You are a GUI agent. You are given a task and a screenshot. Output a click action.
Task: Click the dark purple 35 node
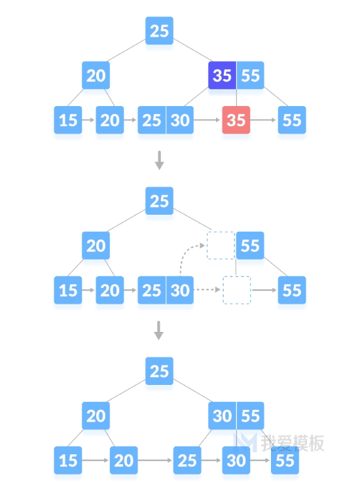[x=223, y=75]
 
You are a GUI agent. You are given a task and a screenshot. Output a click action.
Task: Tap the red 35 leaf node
[x=236, y=120]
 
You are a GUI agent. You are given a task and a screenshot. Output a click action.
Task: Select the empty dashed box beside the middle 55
[x=221, y=245]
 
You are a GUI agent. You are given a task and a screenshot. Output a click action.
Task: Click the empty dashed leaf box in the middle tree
[x=237, y=290]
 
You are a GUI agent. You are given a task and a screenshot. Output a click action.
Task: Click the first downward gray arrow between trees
[x=159, y=160]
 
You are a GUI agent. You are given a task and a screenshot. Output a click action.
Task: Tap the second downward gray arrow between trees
[x=158, y=331]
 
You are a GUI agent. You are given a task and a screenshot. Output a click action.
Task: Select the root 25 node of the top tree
[x=159, y=30]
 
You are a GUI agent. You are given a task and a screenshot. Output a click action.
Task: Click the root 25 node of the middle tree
[x=159, y=201]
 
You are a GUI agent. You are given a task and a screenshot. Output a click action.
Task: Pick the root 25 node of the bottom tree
[x=159, y=371]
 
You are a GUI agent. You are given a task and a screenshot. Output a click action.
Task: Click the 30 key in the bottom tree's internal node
[x=223, y=416]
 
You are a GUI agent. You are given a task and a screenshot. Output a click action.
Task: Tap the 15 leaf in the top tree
[x=68, y=120]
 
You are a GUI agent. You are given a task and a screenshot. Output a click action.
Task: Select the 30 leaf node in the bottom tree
[x=236, y=460]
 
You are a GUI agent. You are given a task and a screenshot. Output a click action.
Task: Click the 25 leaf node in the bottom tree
[x=187, y=460]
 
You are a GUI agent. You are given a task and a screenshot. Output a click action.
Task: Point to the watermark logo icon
[x=246, y=442]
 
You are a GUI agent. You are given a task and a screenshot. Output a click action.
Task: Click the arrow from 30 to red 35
[x=207, y=120]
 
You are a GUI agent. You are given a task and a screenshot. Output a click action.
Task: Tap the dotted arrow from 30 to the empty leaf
[x=207, y=290]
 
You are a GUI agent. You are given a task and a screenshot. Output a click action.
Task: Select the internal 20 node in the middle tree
[x=96, y=245]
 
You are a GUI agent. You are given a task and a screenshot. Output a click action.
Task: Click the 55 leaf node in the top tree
[x=292, y=120]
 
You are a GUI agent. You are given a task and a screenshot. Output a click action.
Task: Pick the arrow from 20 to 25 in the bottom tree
[x=154, y=460]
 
